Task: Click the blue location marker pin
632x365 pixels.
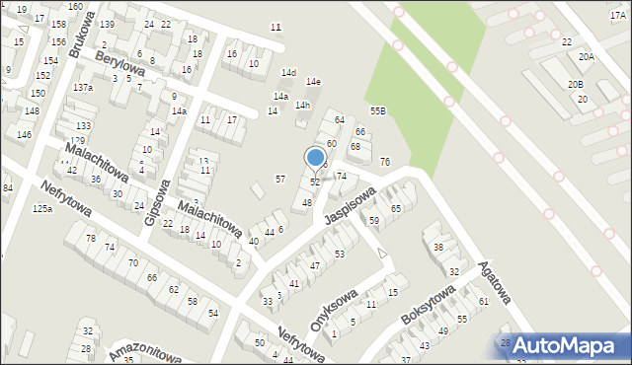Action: [x=316, y=159]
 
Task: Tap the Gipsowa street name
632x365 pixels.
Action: [x=158, y=202]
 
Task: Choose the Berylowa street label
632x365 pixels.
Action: [x=120, y=65]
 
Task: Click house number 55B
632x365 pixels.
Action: [x=377, y=110]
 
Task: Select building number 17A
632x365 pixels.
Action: [x=618, y=16]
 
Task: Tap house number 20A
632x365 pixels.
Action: [x=587, y=57]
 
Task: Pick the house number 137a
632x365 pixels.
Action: [x=83, y=88]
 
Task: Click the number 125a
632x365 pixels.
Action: [x=41, y=209]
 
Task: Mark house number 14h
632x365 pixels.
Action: [x=302, y=106]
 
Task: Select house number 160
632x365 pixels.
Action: [x=75, y=6]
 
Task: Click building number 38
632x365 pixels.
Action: [x=438, y=247]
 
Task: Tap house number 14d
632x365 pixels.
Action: [x=288, y=73]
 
